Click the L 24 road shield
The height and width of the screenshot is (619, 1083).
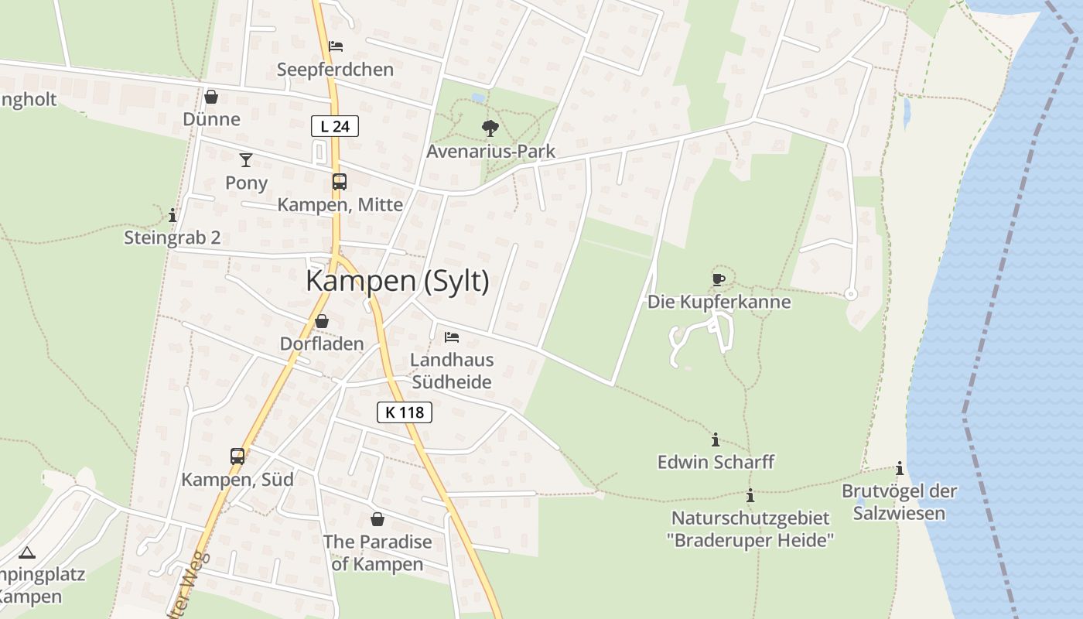coord(335,126)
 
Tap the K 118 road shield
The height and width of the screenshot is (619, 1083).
coord(405,412)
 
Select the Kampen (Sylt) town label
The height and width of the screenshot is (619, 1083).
coord(398,281)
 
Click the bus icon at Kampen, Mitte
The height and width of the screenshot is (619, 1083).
coord(339,182)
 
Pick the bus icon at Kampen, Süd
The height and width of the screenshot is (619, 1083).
coord(237,457)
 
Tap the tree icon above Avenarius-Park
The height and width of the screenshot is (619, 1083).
coord(490,128)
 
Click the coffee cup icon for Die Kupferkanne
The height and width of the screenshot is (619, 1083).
coord(719,279)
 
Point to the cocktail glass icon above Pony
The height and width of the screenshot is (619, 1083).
coord(246,160)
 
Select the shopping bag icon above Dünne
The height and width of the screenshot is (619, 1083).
coord(211,97)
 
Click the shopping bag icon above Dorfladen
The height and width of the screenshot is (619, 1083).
coord(322,320)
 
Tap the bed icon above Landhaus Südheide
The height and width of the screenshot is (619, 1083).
coord(452,337)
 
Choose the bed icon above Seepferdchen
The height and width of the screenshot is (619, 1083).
coord(336,46)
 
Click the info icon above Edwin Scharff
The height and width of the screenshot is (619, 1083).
coord(715,439)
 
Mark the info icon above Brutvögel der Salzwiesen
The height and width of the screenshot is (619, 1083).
coord(899,468)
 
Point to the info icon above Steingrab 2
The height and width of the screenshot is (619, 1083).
coord(173,215)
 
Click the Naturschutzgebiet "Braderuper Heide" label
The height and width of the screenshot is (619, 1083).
coord(750,529)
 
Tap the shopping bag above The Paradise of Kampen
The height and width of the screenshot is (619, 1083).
coord(378,518)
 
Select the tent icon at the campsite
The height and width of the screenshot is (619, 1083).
coord(27,552)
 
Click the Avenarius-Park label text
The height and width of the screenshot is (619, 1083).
coord(490,151)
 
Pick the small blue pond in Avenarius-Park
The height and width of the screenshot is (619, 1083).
coord(477,98)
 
